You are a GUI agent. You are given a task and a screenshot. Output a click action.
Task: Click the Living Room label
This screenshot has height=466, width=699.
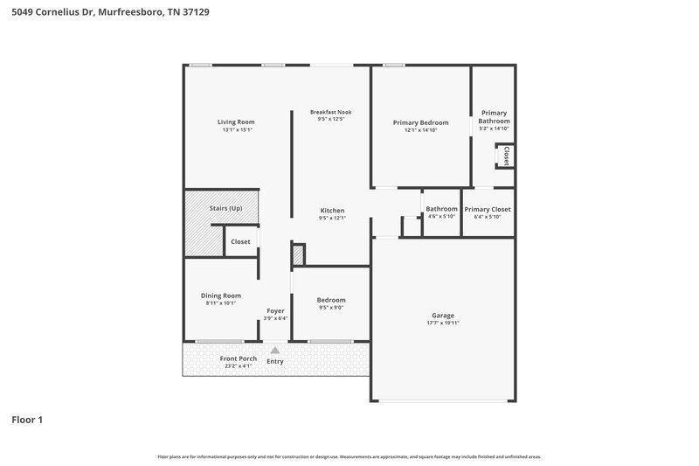[x=236, y=122]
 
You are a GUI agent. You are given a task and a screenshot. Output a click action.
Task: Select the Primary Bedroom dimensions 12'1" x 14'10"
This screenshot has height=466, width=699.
[x=420, y=130]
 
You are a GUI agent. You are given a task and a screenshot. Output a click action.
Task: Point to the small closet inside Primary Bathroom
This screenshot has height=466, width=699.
[x=505, y=156]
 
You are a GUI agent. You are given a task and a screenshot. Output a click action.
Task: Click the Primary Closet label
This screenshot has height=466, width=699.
[x=488, y=209]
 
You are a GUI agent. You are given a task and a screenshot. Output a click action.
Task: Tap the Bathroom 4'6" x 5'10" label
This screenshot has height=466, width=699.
[x=441, y=209]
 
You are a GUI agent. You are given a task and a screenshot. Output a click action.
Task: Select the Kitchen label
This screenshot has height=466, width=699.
[x=332, y=211]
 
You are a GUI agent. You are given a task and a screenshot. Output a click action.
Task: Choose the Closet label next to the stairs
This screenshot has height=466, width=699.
[x=240, y=241]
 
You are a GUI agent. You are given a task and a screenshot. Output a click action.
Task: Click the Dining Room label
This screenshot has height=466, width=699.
[x=221, y=296]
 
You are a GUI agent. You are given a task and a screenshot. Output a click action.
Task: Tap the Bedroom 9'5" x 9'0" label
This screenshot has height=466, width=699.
[x=331, y=300]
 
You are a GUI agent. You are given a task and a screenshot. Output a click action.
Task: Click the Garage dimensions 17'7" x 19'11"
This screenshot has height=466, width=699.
[x=443, y=323]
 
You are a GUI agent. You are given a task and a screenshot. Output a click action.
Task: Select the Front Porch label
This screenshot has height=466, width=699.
[x=213, y=359]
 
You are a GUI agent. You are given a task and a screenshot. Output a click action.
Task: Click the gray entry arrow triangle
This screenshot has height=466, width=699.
[x=275, y=351]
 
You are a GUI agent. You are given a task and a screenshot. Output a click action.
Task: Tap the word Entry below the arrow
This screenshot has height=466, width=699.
[x=275, y=361]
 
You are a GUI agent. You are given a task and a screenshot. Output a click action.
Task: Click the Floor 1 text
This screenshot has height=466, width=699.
[x=27, y=421]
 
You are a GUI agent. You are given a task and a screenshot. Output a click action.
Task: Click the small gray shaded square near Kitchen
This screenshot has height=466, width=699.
[x=298, y=255]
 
